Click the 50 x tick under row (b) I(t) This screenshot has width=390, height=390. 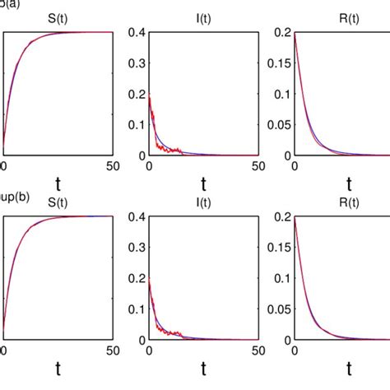click(258, 350)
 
